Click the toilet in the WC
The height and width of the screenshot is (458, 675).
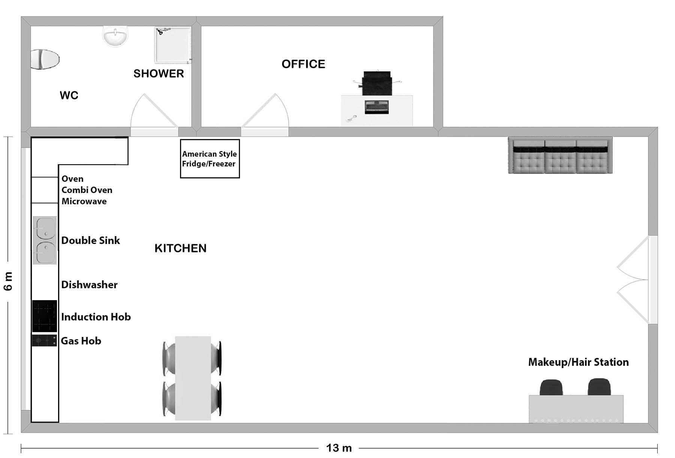tap(45, 59)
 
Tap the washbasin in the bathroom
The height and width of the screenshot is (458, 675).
tap(115, 36)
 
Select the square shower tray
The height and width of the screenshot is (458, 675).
tap(173, 45)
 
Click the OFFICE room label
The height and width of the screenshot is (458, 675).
tap(303, 64)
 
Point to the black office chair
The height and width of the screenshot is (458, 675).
tap(377, 83)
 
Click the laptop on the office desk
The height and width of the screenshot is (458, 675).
tap(376, 107)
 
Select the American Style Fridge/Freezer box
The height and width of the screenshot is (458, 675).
tap(210, 159)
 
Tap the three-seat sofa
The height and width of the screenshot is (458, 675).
tap(560, 155)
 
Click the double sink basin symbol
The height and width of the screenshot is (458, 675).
tap(45, 240)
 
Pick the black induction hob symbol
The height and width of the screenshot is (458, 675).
tap(45, 316)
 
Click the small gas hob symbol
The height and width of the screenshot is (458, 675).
tap(44, 341)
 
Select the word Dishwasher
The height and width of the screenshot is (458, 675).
tap(89, 285)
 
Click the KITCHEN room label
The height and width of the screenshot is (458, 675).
tap(180, 248)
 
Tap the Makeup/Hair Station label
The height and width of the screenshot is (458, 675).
tap(578, 362)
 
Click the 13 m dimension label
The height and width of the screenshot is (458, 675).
tap(339, 448)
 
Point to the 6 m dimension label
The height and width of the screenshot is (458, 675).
tap(8, 281)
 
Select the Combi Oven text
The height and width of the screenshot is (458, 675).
tap(87, 190)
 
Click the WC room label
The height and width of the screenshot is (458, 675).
tap(69, 95)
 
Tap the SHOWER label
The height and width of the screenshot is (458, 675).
tap(159, 73)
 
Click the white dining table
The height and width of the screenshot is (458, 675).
tap(193, 378)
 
